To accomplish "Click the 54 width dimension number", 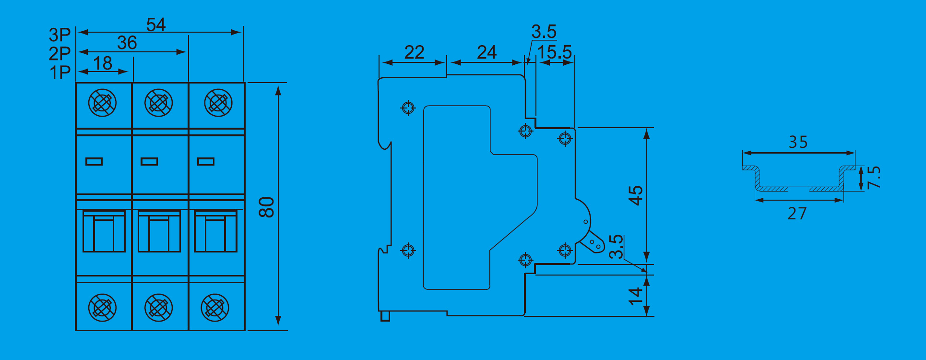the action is pyautogui.click(x=156, y=24).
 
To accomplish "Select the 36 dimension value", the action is pyautogui.click(x=127, y=43).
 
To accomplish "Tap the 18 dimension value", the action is pyautogui.click(x=102, y=63).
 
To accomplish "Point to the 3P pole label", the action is pyautogui.click(x=59, y=35).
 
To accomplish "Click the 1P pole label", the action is pyautogui.click(x=60, y=72).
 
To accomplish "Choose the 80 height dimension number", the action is pyautogui.click(x=266, y=207).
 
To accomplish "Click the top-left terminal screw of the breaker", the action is pyautogui.click(x=102, y=103).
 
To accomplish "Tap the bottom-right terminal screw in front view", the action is pyautogui.click(x=215, y=308).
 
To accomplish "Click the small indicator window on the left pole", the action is pyautogui.click(x=94, y=161).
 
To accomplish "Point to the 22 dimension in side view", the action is pyautogui.click(x=414, y=52).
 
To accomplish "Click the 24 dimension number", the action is pyautogui.click(x=487, y=52).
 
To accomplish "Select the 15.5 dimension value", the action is pyautogui.click(x=555, y=52).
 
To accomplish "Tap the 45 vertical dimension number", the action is pyautogui.click(x=635, y=195).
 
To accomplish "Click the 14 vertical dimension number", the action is pyautogui.click(x=635, y=296).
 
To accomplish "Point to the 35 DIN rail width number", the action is pyautogui.click(x=798, y=142).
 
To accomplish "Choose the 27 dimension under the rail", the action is pyautogui.click(x=797, y=213).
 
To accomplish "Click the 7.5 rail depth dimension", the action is pyautogui.click(x=874, y=177).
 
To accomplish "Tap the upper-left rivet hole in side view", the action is pyautogui.click(x=408, y=108).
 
